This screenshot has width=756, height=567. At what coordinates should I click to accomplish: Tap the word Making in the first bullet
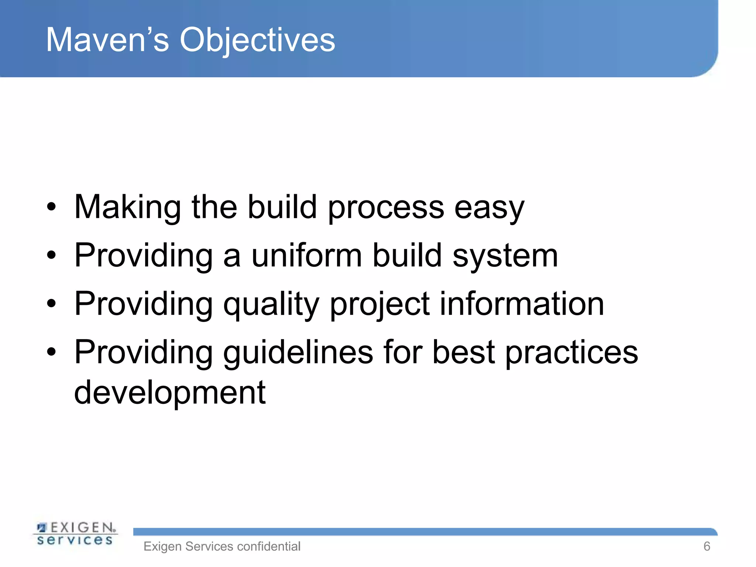click(127, 207)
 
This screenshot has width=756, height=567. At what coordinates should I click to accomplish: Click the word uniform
click(306, 255)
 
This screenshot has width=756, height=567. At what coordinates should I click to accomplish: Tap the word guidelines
click(298, 353)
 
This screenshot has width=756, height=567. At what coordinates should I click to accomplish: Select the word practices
click(571, 353)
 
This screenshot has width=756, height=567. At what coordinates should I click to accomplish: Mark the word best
click(463, 352)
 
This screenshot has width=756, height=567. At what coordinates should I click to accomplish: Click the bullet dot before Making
click(51, 207)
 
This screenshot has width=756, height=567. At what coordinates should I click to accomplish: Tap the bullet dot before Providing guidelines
click(51, 352)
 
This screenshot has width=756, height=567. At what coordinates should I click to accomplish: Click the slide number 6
click(707, 546)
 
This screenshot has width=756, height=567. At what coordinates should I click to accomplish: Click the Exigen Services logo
click(75, 533)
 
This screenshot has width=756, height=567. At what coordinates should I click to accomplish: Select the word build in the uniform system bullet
click(407, 255)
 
